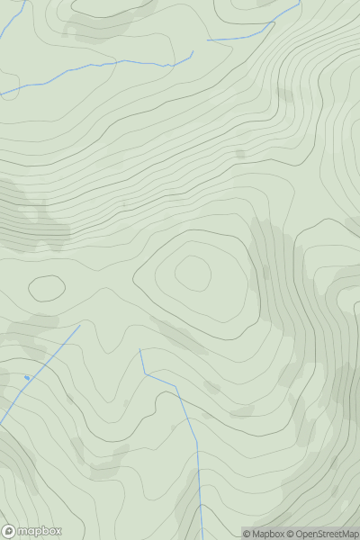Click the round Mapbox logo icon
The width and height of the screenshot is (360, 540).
coord(10,532)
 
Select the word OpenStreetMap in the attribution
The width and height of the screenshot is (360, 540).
coord(323,535)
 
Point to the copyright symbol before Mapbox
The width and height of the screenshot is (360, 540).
coord(247,535)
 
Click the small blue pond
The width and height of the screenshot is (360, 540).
coord(27,377)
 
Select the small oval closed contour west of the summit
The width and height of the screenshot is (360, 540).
coord(46,288)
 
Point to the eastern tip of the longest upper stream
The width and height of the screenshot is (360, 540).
coord(193,51)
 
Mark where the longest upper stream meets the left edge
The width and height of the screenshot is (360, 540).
coord(1,94)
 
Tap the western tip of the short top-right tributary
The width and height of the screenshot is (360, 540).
coord(208,40)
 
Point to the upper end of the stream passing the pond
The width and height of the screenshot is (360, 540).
coord(79,326)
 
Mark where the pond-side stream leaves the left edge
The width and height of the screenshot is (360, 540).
coord(1,423)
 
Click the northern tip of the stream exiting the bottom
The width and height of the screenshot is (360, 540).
coord(140,350)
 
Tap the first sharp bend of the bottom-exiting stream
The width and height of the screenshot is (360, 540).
coord(145,373)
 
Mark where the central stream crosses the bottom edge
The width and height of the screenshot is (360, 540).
coord(202,538)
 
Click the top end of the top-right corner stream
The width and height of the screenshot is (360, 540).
coord(301,2)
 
